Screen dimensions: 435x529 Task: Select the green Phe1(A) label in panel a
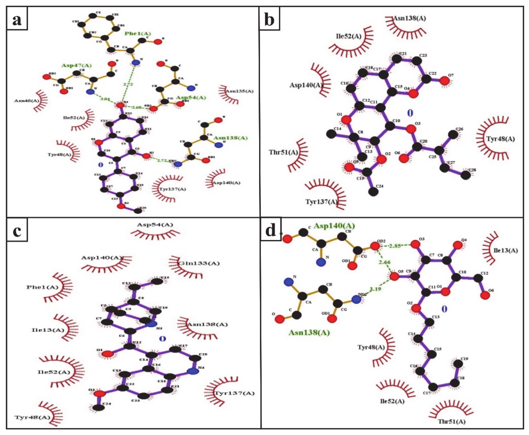tap(138, 33)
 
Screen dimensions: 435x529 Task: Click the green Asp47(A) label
tap(77, 65)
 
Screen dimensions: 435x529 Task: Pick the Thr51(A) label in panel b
tap(283, 152)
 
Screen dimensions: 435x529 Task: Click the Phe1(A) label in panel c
tap(42, 287)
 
